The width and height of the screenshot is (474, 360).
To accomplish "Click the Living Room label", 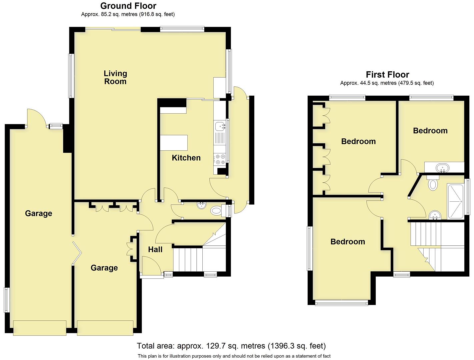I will (115, 77).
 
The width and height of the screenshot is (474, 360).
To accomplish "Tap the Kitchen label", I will (186, 158).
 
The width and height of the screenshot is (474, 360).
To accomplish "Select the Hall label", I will (155, 249).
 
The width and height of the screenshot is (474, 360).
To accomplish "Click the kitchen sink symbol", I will (220, 126).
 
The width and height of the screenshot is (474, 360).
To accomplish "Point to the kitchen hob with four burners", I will (220, 159).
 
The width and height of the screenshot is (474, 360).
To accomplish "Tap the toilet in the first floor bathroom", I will (432, 183).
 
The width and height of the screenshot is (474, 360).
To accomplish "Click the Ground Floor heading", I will (128, 6).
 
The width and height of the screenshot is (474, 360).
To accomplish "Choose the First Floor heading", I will (387, 74).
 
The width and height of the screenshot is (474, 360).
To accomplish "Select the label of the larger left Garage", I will (39, 213).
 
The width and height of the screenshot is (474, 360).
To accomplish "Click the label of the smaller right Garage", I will (104, 268).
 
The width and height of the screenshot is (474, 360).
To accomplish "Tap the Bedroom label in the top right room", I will (430, 131).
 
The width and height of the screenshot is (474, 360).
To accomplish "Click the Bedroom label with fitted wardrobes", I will (358, 141).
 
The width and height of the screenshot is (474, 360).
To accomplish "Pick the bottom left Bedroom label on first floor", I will (348, 242).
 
